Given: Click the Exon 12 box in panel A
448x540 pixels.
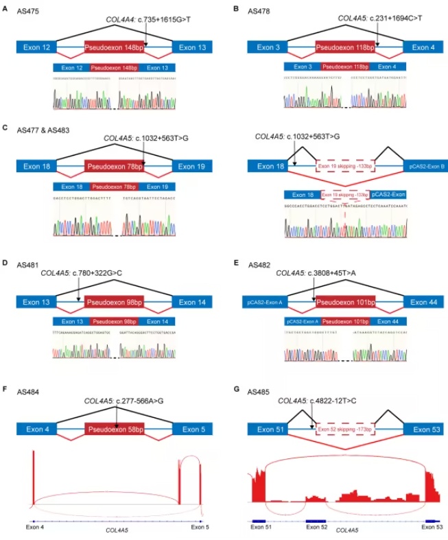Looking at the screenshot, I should (x=37, y=47).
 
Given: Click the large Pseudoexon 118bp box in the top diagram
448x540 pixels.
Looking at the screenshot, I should (x=346, y=47).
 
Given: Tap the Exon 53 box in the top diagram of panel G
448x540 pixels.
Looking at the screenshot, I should (x=419, y=430).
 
